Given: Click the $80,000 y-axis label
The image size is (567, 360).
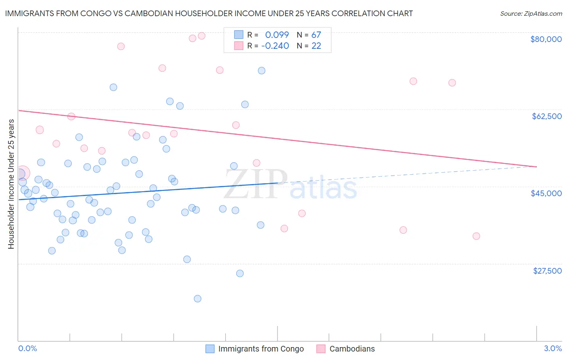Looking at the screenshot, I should click(546, 39).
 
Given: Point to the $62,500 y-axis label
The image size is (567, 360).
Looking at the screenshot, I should click(546, 116).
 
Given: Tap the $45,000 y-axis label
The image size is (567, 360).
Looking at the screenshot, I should click(546, 193).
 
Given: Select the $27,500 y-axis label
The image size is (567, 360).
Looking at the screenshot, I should click(547, 271).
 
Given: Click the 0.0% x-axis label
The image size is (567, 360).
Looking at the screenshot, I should click(27, 348).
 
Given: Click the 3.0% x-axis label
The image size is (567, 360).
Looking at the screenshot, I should click(552, 348).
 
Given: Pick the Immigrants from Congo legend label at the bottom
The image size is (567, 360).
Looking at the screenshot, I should click(261, 349).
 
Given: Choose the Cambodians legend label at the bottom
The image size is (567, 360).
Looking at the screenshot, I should click(352, 349).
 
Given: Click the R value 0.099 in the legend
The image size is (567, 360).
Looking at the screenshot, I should click(277, 35).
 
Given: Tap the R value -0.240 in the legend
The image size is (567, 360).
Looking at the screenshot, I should click(275, 46).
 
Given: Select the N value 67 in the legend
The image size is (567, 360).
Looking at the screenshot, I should click(316, 35).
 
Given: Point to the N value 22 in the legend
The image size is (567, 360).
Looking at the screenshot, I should click(316, 46).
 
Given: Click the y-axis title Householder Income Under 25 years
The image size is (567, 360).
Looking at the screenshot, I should click(11, 184).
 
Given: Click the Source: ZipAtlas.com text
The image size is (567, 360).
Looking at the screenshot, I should click(531, 14).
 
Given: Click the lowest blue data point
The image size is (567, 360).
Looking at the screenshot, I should click(198, 299).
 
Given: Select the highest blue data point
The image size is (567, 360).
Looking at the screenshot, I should click(262, 71).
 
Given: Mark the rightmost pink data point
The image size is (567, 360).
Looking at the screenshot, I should click(476, 236).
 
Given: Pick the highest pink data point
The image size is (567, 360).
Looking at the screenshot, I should click(202, 36).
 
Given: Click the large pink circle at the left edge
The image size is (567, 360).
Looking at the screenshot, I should click(22, 173).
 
